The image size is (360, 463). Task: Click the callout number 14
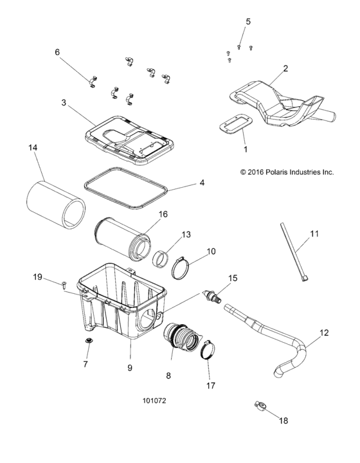coord(33,148)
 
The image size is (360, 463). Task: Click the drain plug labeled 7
coord(88,341)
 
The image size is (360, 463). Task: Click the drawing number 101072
coord(154,401)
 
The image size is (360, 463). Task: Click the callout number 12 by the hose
coord(324,333)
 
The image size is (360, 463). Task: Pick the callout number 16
coord(163,214)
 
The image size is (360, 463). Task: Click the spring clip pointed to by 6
coord(93,82)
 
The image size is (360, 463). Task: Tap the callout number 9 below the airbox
coord(130,368)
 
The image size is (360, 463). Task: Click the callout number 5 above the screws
coord(248,22)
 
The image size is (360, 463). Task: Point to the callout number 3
coord(64,103)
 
